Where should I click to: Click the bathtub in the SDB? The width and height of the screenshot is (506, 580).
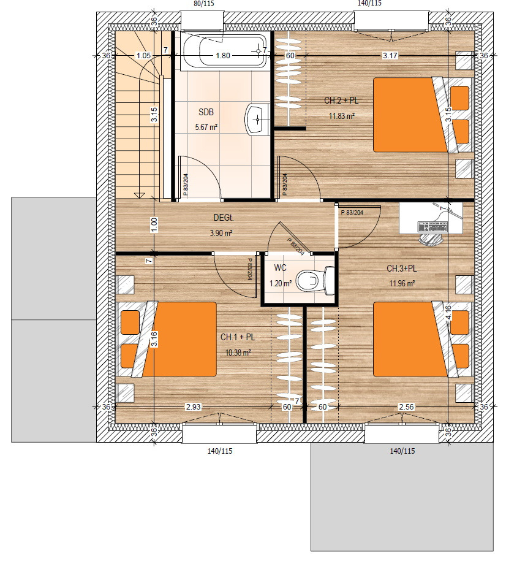point(223,51)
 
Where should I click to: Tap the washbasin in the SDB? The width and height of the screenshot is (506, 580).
point(257,120)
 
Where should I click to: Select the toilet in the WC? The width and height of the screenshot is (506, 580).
point(316,280)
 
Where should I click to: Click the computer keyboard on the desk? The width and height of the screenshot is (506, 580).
point(432,226)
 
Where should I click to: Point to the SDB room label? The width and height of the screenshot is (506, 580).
point(206,112)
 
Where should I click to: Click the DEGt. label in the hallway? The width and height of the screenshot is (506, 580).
point(224,218)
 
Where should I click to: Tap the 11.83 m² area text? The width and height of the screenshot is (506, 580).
point(342,116)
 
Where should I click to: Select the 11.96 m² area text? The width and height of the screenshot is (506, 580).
point(402,284)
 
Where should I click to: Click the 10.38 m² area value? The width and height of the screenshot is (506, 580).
point(238,353)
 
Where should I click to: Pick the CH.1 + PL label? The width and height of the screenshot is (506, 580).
point(238,337)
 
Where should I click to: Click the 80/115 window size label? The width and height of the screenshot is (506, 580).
point(203,4)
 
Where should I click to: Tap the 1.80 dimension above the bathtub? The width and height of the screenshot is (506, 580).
point(223,55)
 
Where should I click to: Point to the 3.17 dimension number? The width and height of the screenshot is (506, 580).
point(390,55)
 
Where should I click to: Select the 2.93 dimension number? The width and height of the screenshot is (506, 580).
point(194,407)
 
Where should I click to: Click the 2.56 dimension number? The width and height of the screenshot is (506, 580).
point(406,407)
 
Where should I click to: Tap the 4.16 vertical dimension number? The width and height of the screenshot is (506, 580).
point(448,313)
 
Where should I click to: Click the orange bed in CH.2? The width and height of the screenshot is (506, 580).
point(410,115)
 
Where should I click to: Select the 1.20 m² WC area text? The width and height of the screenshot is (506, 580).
point(281,284)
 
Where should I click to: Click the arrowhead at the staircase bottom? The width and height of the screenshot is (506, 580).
point(139,195)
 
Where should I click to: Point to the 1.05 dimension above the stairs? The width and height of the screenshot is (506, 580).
point(143,55)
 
